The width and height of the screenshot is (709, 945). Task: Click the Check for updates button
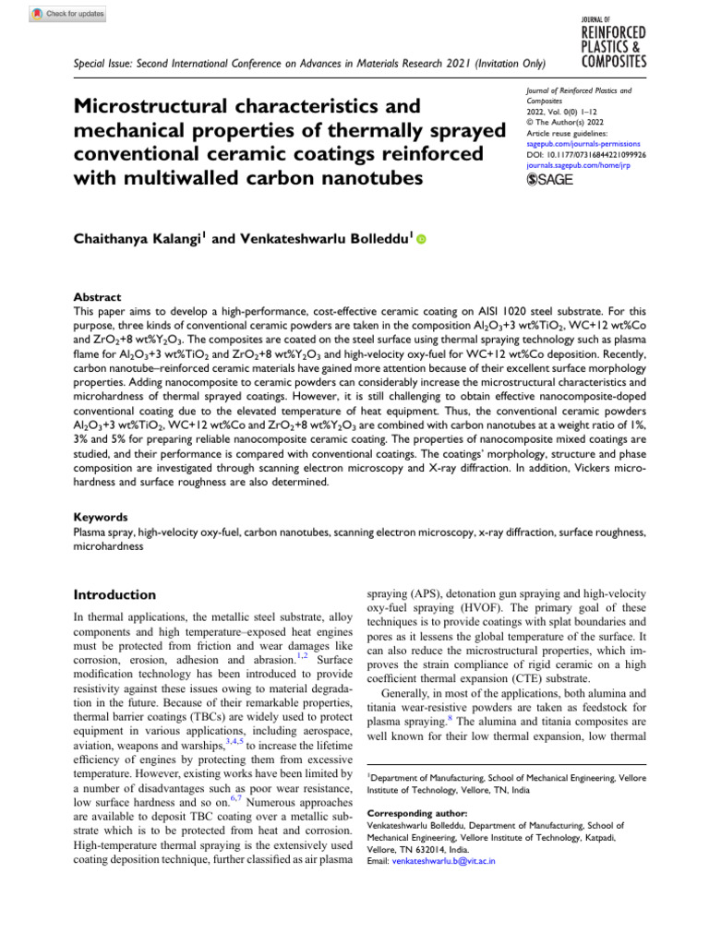[68, 14]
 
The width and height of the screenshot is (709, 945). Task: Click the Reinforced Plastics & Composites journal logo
[613, 42]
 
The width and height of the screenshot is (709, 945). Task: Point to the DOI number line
[578, 155]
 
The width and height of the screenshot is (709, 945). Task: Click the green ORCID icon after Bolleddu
[422, 239]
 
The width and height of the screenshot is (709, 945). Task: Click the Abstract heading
[98, 298]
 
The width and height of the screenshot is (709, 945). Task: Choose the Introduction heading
[115, 594]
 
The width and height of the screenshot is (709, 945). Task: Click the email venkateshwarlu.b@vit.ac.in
[444, 860]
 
